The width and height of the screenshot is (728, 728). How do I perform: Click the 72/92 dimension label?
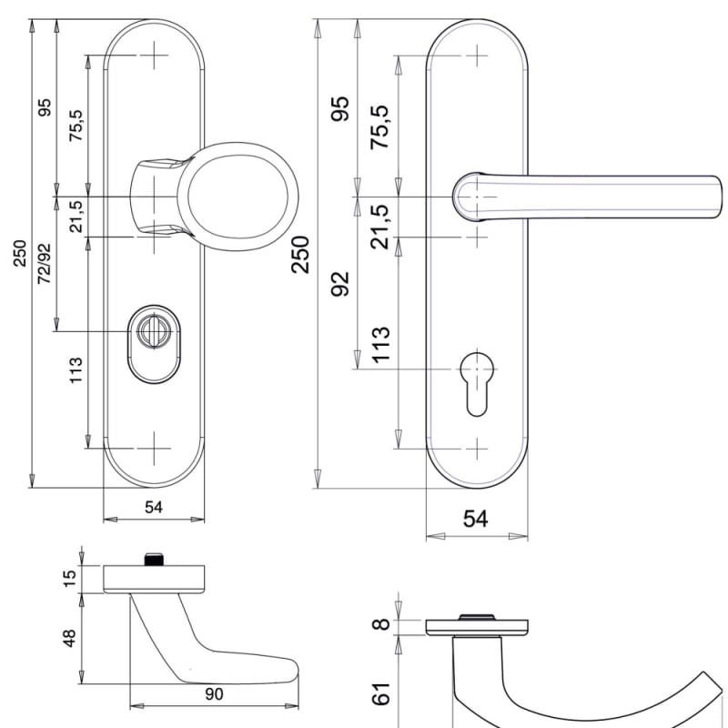click(44, 264)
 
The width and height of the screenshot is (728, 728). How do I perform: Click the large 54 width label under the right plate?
click(477, 519)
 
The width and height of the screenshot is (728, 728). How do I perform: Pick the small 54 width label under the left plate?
click(154, 507)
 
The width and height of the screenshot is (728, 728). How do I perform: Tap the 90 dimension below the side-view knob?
click(215, 694)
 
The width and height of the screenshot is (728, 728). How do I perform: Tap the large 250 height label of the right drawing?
click(301, 254)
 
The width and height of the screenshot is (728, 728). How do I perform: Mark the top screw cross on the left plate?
click(155, 56)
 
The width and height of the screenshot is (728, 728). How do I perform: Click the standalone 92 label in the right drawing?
click(340, 284)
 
